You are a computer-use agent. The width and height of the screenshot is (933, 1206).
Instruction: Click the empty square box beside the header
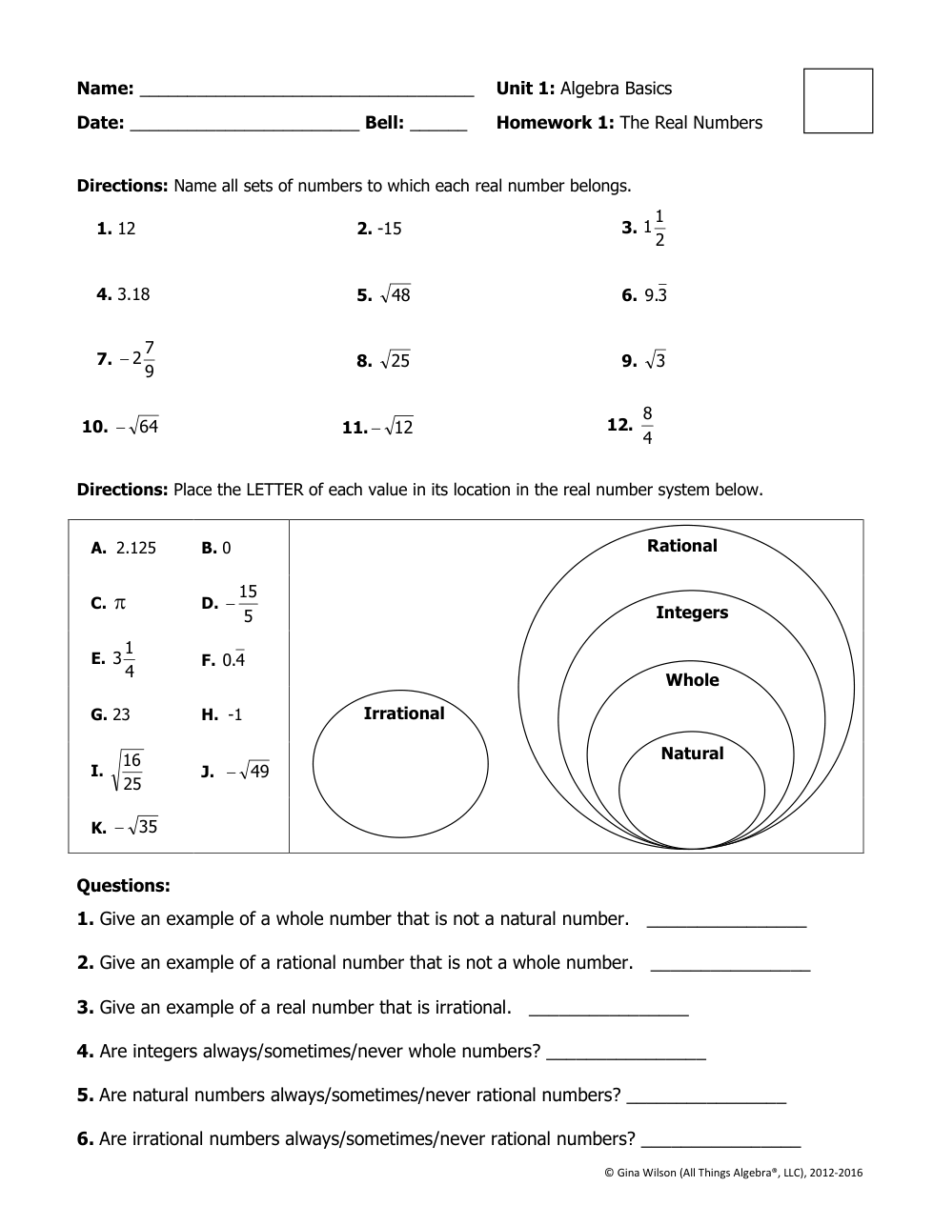[x=838, y=100]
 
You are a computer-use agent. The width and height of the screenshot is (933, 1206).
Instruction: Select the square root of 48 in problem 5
[x=395, y=295]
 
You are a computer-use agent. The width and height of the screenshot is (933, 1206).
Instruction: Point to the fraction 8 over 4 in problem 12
[x=648, y=426]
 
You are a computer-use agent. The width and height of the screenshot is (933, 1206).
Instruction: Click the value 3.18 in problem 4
[x=133, y=294]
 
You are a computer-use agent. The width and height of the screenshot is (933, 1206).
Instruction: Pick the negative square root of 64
[x=137, y=427]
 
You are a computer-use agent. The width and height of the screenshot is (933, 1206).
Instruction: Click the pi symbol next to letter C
[x=120, y=603]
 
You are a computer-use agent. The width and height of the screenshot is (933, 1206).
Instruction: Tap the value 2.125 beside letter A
[x=136, y=548]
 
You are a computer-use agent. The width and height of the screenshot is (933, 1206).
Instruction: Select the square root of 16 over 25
[x=129, y=771]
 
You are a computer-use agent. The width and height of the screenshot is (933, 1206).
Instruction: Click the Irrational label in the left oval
[x=404, y=714]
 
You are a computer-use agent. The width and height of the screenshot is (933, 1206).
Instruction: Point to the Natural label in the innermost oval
[x=692, y=754]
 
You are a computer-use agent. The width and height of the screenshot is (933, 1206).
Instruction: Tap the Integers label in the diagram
[x=692, y=613]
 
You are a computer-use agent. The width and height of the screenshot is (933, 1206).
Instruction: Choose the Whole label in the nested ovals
[x=692, y=680]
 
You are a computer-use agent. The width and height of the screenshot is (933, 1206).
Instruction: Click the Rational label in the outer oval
[x=682, y=546]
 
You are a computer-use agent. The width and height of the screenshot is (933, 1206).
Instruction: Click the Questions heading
[x=123, y=886]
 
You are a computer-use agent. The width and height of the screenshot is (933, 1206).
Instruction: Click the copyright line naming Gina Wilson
[x=733, y=1173]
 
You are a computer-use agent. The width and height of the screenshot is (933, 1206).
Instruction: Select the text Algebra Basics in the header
[x=616, y=89]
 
